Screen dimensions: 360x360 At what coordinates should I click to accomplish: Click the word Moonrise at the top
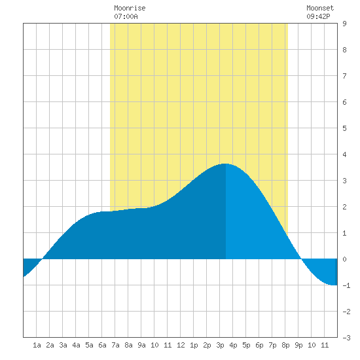coord(130,8)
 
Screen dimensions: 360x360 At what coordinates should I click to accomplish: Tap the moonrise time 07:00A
coord(126,16)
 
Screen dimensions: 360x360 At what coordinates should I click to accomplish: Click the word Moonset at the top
coord(320,8)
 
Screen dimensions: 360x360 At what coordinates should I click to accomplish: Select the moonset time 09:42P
coord(318,16)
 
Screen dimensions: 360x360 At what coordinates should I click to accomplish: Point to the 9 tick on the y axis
coord(344,24)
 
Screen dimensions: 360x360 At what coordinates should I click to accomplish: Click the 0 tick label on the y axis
coord(344,259)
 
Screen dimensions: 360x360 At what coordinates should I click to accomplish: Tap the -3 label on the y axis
coord(346,338)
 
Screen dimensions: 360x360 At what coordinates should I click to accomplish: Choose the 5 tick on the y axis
coord(344,128)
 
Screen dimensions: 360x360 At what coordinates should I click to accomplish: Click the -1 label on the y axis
coord(346,285)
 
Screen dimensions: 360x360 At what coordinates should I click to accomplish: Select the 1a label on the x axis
coord(37,345)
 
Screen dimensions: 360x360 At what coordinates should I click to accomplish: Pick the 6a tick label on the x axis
coord(102,345)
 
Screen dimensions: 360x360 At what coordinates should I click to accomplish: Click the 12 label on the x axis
coord(181,345)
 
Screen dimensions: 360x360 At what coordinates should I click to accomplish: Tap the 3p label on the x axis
coord(220,345)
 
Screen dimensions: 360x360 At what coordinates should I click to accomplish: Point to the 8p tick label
coord(285,345)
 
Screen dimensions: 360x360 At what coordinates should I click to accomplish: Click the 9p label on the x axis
coord(298,345)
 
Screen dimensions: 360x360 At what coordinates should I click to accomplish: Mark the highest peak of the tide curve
coord(225,164)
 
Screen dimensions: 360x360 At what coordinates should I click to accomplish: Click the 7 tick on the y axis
coord(344,76)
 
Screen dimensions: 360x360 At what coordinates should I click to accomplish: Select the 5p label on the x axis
coord(246,345)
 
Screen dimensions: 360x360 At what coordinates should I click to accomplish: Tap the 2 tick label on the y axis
coord(344,207)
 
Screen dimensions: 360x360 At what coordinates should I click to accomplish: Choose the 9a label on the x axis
coord(141,345)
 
